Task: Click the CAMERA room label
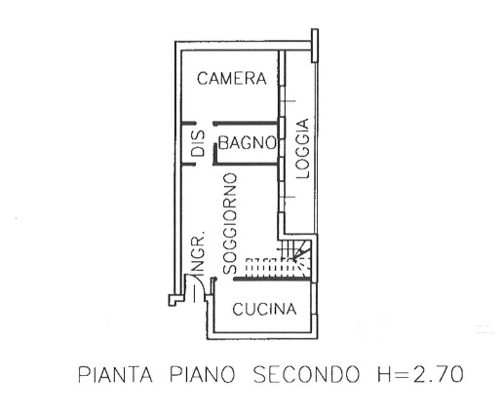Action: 232,78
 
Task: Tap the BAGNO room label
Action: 247,142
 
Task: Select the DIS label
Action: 198,143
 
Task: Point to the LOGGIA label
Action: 303,149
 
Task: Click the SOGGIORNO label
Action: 230,224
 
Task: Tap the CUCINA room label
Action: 264,309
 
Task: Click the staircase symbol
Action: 279,259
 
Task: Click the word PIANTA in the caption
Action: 115,374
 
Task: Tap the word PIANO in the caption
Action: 202,374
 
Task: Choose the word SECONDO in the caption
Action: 306,374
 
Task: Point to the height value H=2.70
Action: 420,374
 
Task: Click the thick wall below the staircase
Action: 272,279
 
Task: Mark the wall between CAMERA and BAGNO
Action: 246,123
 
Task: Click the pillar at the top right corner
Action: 315,46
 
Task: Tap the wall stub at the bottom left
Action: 174,300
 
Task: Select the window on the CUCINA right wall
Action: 314,299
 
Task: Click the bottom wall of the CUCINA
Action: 262,335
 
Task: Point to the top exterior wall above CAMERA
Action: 244,46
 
